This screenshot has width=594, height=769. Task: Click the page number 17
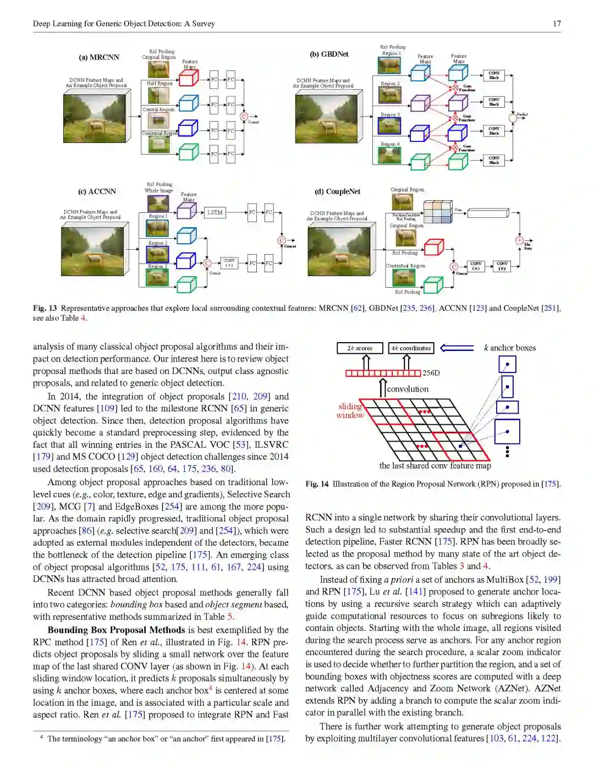point(557,24)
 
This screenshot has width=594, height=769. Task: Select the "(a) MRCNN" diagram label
point(99,57)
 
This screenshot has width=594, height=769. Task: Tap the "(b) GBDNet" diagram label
point(329,54)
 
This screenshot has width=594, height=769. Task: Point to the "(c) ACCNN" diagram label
point(97,191)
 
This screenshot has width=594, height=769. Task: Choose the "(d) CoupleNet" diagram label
point(337,191)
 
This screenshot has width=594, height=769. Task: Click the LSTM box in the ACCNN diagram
point(215,212)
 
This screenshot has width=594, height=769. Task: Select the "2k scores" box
point(360,348)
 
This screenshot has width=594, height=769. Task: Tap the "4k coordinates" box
point(411,348)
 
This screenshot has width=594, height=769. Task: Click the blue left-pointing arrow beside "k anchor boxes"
point(457,348)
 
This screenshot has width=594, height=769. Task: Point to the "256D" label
point(431,373)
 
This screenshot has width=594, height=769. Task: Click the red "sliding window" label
point(350,411)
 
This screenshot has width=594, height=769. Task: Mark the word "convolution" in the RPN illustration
point(408,389)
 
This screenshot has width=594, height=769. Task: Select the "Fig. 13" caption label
point(45,308)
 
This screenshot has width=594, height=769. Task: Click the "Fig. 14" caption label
point(317,484)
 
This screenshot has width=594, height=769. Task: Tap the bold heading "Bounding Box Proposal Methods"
point(116,630)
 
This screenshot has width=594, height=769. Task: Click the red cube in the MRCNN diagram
point(188,78)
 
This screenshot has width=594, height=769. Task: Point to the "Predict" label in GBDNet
point(522,114)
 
